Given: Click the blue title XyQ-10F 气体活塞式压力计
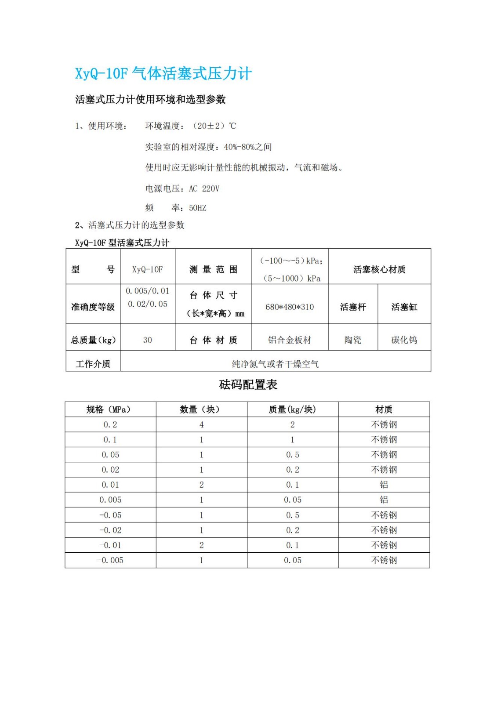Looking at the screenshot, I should (x=163, y=73).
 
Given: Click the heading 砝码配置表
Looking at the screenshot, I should (x=248, y=385).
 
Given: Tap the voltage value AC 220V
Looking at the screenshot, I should (x=204, y=188).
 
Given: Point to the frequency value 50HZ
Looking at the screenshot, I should (x=197, y=208).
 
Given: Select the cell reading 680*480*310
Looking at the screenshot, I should (x=290, y=307).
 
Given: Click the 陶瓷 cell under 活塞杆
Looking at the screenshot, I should (x=353, y=340).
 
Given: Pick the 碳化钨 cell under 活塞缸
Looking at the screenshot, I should (x=404, y=340).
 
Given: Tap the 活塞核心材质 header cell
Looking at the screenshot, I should (x=379, y=269).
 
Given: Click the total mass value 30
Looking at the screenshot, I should (x=147, y=340).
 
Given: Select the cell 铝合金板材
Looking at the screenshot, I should (x=290, y=340).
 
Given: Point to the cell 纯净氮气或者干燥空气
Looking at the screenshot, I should (x=275, y=364).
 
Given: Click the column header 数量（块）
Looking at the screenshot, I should (x=201, y=409).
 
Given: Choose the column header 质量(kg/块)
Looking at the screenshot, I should (x=292, y=409).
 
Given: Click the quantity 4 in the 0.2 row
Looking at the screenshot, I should (x=201, y=424).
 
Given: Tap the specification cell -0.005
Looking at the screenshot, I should (x=110, y=560).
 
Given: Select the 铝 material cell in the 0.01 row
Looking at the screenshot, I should (x=384, y=485).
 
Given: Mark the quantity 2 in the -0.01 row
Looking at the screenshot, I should (x=201, y=545).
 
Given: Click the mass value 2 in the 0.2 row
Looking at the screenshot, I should (x=292, y=424).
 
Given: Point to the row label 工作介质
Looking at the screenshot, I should (x=93, y=364).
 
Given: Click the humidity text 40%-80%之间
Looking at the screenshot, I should (x=248, y=147).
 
